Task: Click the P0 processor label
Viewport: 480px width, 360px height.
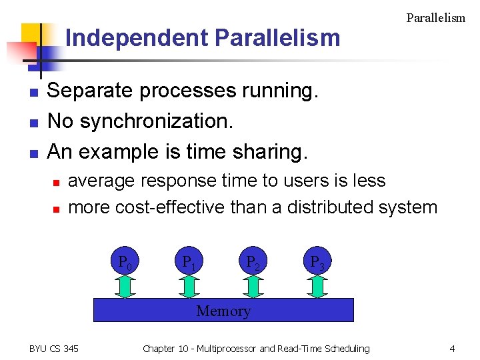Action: [125, 262]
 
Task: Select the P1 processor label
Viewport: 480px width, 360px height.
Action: [189, 262]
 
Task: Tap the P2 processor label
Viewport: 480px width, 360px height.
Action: [253, 262]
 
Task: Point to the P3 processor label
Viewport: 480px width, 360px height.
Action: [317, 262]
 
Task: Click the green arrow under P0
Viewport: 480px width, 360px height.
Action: [125, 286]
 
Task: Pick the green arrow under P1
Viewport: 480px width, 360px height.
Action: [189, 286]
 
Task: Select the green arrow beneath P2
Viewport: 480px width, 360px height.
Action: [253, 286]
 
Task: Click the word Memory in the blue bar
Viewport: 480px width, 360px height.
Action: [223, 311]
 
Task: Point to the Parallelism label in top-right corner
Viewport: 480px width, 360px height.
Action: [435, 18]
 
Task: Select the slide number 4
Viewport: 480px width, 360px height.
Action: [452, 349]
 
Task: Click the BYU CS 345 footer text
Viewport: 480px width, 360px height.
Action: [53, 349]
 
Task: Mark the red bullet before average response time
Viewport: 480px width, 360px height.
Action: [57, 182]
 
